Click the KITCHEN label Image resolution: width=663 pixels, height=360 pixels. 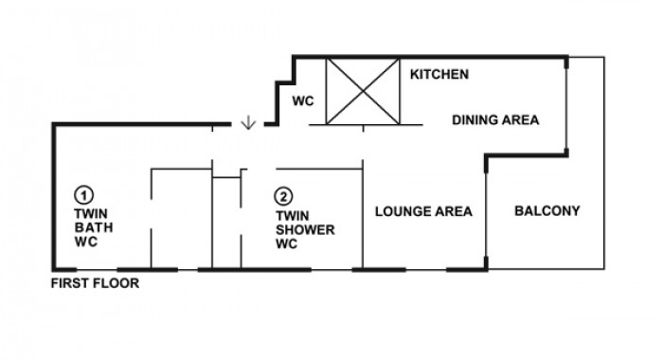click(x=439, y=75)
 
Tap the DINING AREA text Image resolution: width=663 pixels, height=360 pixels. click(x=495, y=120)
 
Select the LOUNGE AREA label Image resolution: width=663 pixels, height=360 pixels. click(x=423, y=211)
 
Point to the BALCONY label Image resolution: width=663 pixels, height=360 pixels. click(x=547, y=210)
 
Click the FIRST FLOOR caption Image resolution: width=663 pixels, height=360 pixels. click(x=95, y=283)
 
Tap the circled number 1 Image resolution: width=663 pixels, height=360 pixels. click(x=83, y=195)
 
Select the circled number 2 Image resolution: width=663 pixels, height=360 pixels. click(x=283, y=196)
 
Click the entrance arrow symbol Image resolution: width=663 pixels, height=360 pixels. click(x=248, y=122)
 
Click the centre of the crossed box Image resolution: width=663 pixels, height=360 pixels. click(x=363, y=91)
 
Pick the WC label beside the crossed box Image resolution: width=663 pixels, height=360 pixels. click(x=303, y=101)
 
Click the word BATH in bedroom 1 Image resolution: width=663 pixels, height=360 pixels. click(x=94, y=227)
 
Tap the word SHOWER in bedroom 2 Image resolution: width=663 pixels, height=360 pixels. click(x=305, y=229)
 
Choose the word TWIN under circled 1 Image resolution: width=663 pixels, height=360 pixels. click(x=91, y=213)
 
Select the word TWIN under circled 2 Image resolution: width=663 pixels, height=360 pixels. click(x=293, y=216)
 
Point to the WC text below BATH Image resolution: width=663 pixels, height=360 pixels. click(x=86, y=242)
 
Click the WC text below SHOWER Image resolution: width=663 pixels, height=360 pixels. click(x=287, y=243)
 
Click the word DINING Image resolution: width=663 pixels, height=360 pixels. click(x=475, y=120)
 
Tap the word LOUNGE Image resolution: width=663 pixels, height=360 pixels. click(x=402, y=211)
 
